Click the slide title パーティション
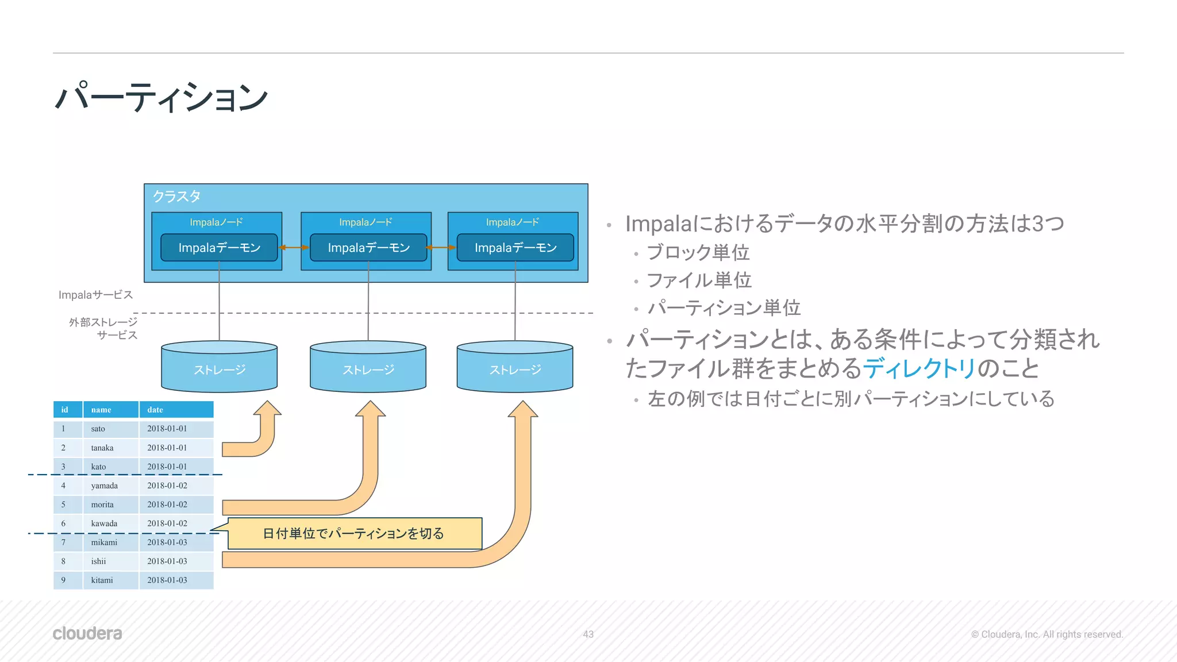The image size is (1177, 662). [x=161, y=97]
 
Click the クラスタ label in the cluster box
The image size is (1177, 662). [x=176, y=197]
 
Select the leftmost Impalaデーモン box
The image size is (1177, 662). [x=219, y=248]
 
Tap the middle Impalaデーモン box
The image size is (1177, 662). [x=368, y=248]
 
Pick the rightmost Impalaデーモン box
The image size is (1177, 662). [x=516, y=248]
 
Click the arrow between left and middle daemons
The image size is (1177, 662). [x=294, y=248]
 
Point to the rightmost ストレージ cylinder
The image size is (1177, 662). [x=515, y=369]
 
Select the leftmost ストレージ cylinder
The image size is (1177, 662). [x=220, y=369]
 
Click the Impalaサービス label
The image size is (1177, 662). [x=95, y=295]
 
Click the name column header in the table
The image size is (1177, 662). [x=101, y=410]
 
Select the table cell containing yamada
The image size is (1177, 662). [x=105, y=486]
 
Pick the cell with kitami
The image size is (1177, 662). [x=102, y=580]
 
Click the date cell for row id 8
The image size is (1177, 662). [x=167, y=561]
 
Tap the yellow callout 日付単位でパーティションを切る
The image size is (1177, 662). [x=353, y=533]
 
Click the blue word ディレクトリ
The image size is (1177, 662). [x=919, y=368]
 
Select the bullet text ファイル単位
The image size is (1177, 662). [x=699, y=280]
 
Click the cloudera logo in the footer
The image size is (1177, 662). [x=87, y=633]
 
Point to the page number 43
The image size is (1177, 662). [x=588, y=634]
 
